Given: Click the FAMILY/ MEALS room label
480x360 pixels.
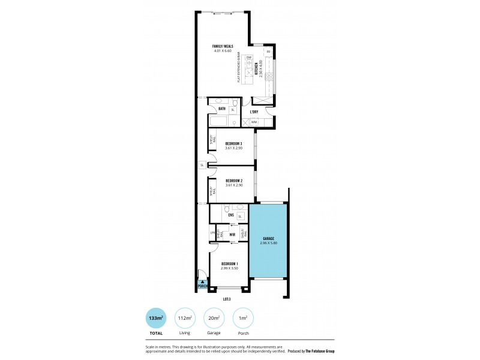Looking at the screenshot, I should (x=221, y=47).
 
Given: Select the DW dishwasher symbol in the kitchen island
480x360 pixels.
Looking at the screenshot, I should (x=248, y=58).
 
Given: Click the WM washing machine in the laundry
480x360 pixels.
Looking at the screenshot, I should (x=254, y=122).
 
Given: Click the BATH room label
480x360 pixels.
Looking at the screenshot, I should (x=222, y=109).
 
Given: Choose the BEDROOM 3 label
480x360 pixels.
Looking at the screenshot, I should (x=233, y=143).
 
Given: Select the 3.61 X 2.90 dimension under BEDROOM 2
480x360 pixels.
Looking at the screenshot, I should (x=233, y=185).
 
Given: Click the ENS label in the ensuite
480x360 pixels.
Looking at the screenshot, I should (x=230, y=215).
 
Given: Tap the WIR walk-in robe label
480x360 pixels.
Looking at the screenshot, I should (x=232, y=234).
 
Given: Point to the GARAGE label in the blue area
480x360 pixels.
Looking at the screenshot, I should (x=268, y=239).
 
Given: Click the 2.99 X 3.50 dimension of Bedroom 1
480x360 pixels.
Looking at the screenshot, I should (x=230, y=269).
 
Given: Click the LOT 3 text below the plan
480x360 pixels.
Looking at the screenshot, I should (x=227, y=298).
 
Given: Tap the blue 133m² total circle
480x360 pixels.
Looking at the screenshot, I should (x=157, y=317).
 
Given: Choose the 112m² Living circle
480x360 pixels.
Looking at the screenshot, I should (x=185, y=317).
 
